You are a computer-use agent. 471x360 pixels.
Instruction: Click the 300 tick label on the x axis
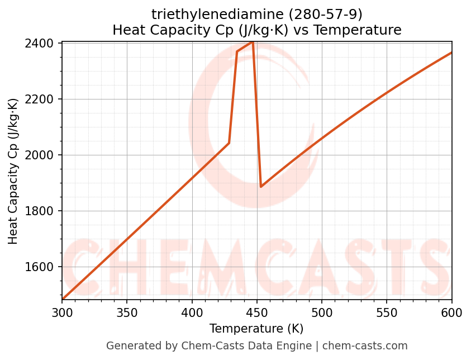click(x=62, y=312)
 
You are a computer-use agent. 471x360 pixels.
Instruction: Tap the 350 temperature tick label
click(x=127, y=312)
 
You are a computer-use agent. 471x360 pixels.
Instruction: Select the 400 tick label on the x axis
click(x=192, y=312)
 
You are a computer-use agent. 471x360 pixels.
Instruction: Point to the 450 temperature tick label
click(x=257, y=312)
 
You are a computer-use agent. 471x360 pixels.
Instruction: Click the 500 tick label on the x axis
click(x=322, y=312)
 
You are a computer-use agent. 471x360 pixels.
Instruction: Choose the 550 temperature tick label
click(x=387, y=312)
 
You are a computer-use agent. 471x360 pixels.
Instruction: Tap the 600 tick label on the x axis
click(x=451, y=312)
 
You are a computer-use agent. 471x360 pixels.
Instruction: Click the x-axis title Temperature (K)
click(x=256, y=329)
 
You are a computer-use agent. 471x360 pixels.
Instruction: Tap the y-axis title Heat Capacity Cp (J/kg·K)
click(x=13, y=171)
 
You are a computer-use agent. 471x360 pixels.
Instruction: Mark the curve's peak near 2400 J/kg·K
click(x=253, y=42)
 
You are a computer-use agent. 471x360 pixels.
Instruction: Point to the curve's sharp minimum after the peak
click(x=261, y=187)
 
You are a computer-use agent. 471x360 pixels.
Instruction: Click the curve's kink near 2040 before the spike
click(x=229, y=144)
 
